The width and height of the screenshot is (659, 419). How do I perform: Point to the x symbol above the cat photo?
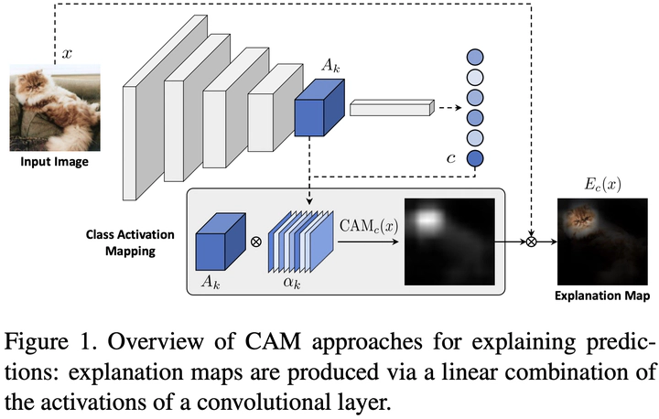(67, 54)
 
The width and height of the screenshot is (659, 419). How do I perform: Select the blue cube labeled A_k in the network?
(319, 107)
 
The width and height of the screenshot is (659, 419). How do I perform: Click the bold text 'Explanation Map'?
(601, 296)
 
